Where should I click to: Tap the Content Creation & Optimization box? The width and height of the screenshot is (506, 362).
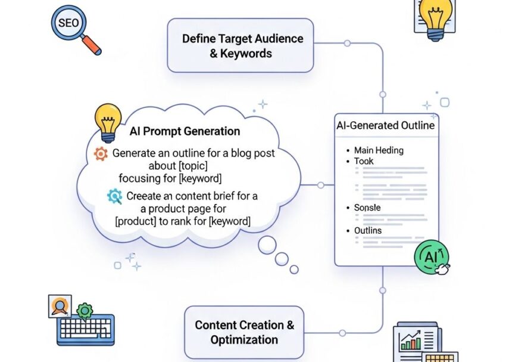pyautogui.click(x=244, y=332)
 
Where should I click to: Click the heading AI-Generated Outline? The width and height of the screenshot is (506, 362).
pyautogui.click(x=386, y=125)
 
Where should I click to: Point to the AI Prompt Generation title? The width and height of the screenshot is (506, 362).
pyautogui.click(x=185, y=131)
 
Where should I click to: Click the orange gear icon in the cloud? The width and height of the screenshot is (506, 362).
pyautogui.click(x=101, y=154)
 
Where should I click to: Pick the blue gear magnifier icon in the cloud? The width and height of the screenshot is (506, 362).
pyautogui.click(x=114, y=196)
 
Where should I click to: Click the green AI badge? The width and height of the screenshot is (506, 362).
pyautogui.click(x=430, y=257)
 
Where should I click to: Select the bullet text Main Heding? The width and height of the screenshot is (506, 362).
pyautogui.click(x=379, y=150)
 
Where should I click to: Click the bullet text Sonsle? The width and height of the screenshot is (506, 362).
pyautogui.click(x=367, y=208)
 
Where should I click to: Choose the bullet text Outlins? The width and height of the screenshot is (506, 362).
pyautogui.click(x=368, y=230)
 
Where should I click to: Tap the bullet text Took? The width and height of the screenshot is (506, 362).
pyautogui.click(x=364, y=161)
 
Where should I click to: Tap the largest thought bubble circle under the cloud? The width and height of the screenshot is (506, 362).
pyautogui.click(x=267, y=244)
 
